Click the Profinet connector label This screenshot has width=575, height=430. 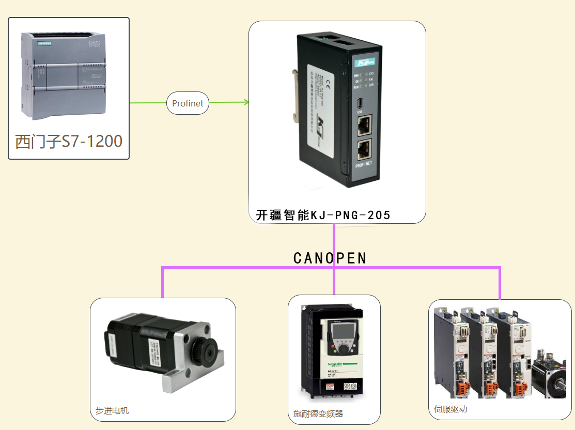coord(188,103)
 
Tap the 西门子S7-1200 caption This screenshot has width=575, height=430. coord(69,141)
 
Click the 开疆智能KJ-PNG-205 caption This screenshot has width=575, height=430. coord(323,215)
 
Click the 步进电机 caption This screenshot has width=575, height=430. coord(112,411)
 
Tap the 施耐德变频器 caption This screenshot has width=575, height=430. coord(318,413)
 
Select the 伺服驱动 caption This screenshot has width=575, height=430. coord(450,409)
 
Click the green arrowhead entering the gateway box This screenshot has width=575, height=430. coord(246,102)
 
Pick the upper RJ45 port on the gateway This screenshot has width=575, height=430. coord(365,124)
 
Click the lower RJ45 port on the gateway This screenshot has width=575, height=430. coord(365,149)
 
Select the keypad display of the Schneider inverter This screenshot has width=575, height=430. coord(340,329)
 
